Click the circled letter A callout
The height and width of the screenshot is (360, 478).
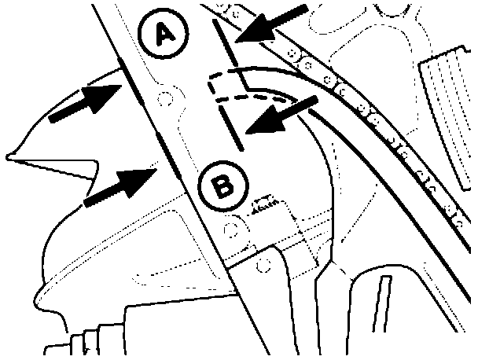(164, 32)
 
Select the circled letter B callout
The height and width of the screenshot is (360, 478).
(223, 186)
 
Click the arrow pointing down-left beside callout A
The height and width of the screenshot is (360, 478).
(271, 24)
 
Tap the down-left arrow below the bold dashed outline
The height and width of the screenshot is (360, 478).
(281, 115)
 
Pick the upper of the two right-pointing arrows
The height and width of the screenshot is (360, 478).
(86, 103)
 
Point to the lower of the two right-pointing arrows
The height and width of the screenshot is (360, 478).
(120, 188)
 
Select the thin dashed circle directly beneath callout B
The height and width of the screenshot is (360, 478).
(231, 230)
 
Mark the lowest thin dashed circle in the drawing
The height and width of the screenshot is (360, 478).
(263, 266)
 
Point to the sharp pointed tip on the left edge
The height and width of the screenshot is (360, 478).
(7, 157)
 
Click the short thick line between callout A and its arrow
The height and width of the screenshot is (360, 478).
(225, 42)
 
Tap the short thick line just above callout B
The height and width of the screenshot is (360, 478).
(231, 127)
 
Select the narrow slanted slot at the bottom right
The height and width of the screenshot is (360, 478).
(382, 303)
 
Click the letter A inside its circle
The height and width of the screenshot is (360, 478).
(164, 35)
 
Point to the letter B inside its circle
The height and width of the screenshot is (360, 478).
(223, 186)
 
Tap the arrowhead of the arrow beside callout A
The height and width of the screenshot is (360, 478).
(255, 29)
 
